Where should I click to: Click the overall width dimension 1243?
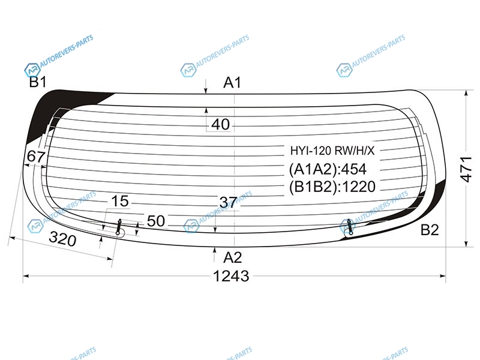tap(231, 276)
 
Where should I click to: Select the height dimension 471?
tap(466, 169)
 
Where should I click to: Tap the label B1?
tap(38, 82)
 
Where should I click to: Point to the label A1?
tap(232, 83)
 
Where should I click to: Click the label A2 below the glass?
tap(232, 258)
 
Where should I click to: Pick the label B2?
tap(430, 230)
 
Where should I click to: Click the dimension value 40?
tap(220, 125)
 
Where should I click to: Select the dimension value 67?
tap(36, 157)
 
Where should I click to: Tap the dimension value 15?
tap(119, 201)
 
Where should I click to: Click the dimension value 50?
tap(156, 221)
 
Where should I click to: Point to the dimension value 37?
tap(228, 202)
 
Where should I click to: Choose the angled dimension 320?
tap(62, 239)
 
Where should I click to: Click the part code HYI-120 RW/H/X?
tap(332, 151)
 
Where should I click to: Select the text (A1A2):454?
tap(328, 169)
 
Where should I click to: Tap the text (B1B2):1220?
tap(332, 187)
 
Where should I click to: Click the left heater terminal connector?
tap(119, 227)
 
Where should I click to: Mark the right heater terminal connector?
tap(349, 227)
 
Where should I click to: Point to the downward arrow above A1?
tap(206, 86)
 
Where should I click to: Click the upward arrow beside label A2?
tap(215, 254)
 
